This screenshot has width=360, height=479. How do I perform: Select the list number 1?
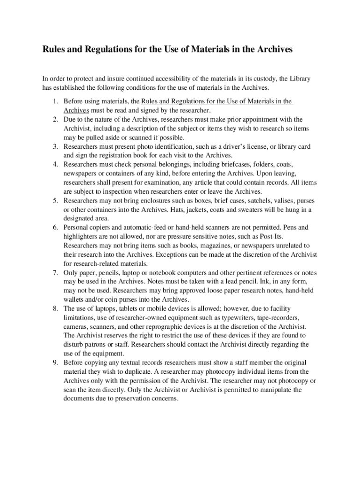(54, 101)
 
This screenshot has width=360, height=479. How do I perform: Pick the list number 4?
(54, 165)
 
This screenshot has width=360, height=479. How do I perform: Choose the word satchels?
(236, 201)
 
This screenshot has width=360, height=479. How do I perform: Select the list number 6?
(54, 228)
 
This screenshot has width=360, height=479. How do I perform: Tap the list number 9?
(54, 363)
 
